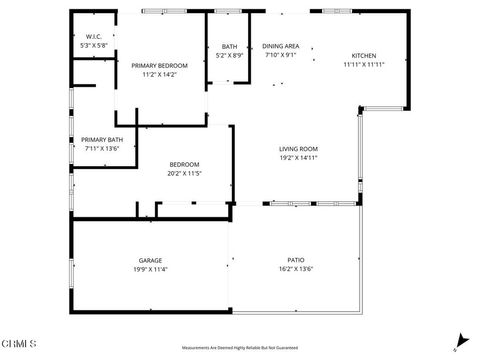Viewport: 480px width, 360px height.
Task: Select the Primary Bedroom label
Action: [x=159, y=65]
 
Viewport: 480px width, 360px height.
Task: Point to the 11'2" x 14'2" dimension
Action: [x=159, y=74]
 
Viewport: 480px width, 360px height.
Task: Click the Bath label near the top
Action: [x=229, y=46]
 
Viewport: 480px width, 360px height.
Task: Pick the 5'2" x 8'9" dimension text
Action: [x=229, y=55]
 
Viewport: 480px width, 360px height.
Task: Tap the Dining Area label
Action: [x=281, y=46]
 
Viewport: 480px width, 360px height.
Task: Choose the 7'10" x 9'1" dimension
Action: [x=281, y=55]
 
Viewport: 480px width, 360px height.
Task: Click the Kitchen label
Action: [x=364, y=55]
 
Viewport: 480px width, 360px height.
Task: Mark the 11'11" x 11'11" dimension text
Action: [x=364, y=64]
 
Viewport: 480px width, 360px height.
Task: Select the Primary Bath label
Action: [x=100, y=139]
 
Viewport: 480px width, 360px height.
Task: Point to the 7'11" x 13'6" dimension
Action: [x=100, y=148]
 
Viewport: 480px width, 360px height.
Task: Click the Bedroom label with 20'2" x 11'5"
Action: [x=184, y=164]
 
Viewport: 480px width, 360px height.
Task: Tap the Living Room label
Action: [x=298, y=149]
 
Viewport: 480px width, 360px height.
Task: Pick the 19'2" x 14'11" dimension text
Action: [x=298, y=158]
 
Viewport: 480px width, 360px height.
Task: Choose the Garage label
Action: [x=150, y=260]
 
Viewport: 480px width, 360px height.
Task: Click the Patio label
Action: [x=296, y=260]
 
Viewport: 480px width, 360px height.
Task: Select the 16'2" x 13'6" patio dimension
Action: [x=296, y=269]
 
